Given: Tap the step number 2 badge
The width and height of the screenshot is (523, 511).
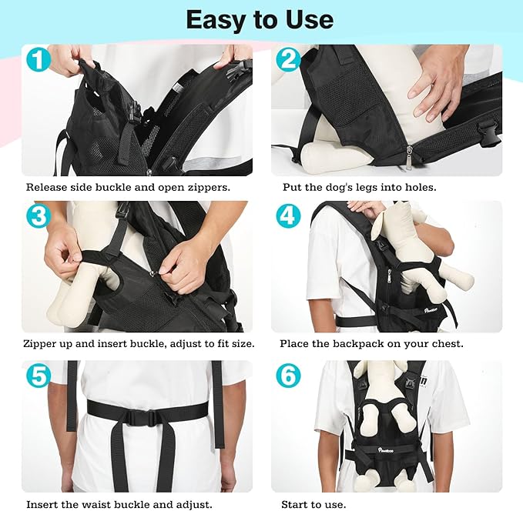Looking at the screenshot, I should pos(287,59).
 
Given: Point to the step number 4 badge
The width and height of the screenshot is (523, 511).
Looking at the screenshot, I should pos(287,216).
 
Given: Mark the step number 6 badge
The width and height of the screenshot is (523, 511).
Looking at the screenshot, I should pos(287,376).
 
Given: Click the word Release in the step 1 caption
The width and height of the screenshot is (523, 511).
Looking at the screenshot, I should pos(49,187).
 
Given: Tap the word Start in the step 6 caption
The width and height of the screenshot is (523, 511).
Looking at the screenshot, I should pos(294,504).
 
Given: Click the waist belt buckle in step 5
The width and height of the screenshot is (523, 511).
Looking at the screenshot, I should pos(141,418).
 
